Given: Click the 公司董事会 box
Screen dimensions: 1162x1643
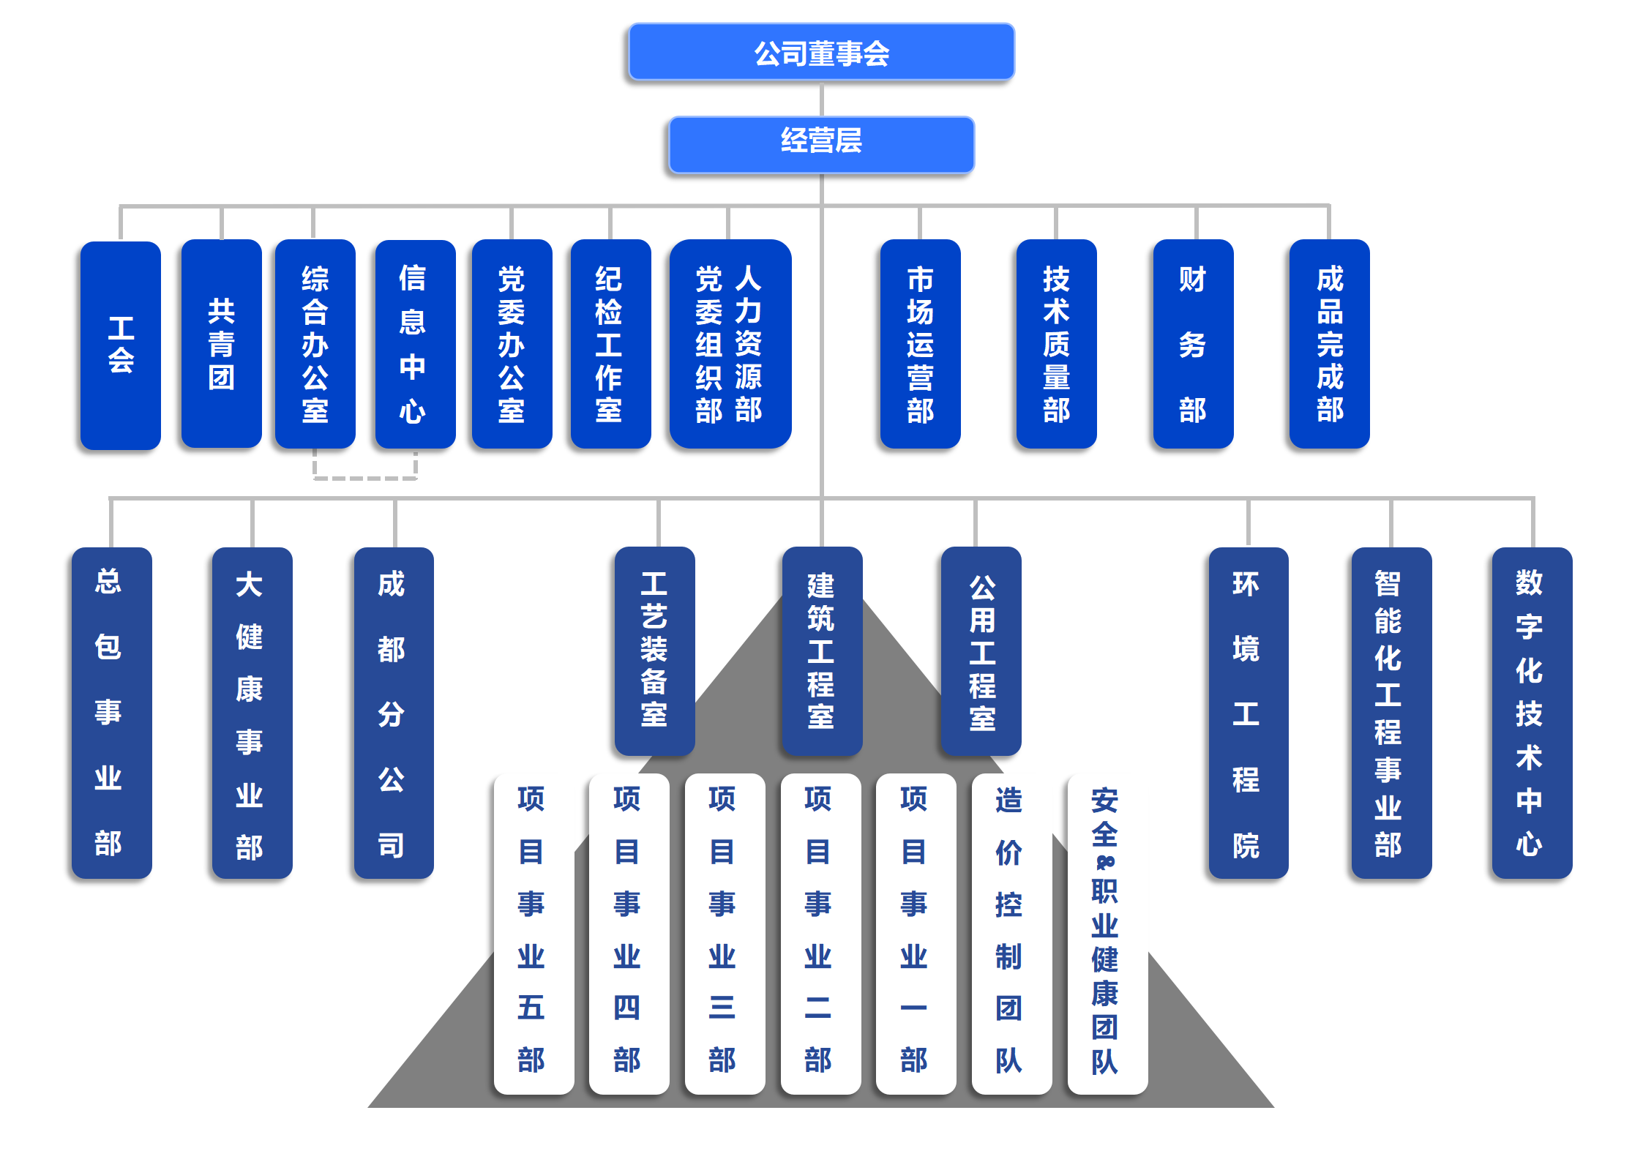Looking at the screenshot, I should pyautogui.click(x=821, y=53).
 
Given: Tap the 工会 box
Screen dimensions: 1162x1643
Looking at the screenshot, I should pyautogui.click(x=121, y=345).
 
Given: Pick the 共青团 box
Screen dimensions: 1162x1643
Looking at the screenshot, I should pyautogui.click(x=221, y=344).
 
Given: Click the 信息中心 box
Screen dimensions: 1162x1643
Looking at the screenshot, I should pyautogui.click(x=415, y=344).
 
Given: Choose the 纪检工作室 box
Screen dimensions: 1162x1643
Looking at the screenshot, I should pyautogui.click(x=610, y=344).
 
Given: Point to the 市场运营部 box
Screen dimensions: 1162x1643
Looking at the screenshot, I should pyautogui.click(x=920, y=344).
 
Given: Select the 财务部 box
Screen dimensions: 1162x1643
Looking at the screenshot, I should pyautogui.click(x=1193, y=344).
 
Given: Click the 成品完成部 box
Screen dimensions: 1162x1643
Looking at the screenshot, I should pyautogui.click(x=1329, y=344).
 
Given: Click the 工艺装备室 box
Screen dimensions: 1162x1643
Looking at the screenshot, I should pyautogui.click(x=654, y=651).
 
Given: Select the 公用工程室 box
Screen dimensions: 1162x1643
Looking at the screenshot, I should pyautogui.click(x=981, y=651).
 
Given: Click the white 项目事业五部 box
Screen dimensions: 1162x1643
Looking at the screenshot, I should pyautogui.click(x=533, y=933).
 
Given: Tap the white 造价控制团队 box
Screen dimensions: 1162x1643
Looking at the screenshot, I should pyautogui.click(x=1011, y=933).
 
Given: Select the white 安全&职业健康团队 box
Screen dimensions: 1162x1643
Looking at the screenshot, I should pyautogui.click(x=1107, y=933).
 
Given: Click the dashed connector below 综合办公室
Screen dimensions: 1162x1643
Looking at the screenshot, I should pyautogui.click(x=365, y=478).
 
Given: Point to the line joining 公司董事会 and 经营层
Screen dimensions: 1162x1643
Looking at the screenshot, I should pyautogui.click(x=822, y=99).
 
